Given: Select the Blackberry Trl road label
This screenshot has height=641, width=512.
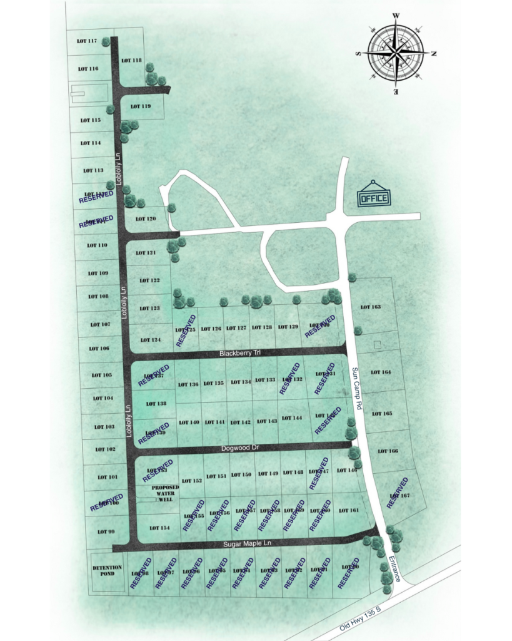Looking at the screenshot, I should click(240, 354).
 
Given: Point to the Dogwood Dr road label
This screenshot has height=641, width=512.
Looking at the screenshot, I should click(240, 448).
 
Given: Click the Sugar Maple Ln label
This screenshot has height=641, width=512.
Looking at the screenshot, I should click(249, 543).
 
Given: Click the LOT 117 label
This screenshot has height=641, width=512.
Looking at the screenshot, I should click(87, 41).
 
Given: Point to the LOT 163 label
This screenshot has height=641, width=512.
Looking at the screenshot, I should click(371, 307).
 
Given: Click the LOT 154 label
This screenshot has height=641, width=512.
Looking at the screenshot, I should click(159, 528).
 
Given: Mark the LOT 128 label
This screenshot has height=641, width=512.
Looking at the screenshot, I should click(263, 327).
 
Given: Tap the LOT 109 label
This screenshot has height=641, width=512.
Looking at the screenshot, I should click(98, 273).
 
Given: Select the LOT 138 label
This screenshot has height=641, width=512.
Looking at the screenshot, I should click(156, 404).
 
